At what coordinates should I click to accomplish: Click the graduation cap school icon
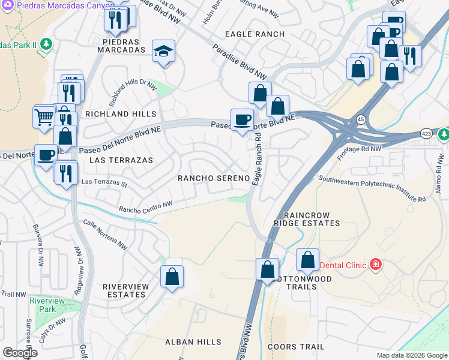point(163,52)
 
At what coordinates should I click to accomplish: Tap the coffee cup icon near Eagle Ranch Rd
point(243,119)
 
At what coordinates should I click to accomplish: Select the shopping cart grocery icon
point(45,116)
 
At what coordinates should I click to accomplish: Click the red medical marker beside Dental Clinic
point(376,265)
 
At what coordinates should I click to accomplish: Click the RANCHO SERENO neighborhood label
point(213,179)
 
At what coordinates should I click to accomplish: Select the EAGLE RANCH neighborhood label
point(255,34)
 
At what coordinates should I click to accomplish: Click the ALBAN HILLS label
point(193,342)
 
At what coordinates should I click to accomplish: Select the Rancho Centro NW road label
point(146,207)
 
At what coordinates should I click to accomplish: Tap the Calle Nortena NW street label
point(106,233)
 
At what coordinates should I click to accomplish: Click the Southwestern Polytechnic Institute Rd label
point(372,188)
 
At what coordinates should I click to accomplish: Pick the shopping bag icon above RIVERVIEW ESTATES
point(172,277)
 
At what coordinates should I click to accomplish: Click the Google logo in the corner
point(20,353)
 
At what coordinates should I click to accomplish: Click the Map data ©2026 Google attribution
point(411,355)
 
